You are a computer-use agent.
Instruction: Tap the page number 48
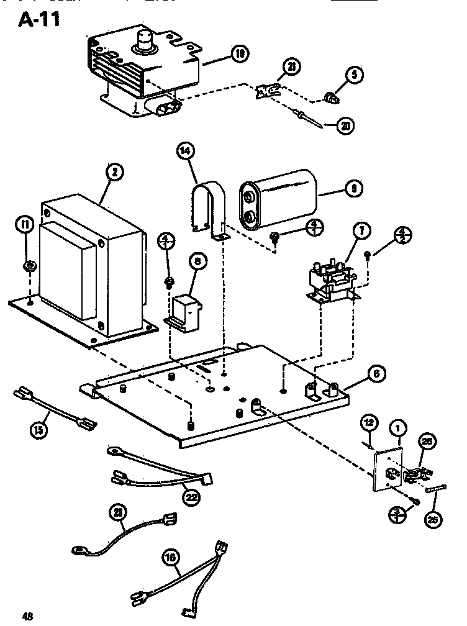[25, 616]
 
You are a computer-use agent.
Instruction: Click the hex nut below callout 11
[28, 267]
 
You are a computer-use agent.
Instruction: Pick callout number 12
[368, 424]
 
